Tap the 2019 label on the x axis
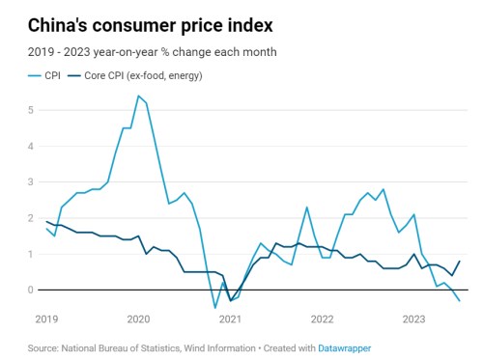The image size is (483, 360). [46, 318]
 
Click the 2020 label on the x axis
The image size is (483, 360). [138, 318]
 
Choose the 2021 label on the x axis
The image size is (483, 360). [230, 318]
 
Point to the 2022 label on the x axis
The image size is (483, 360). [322, 318]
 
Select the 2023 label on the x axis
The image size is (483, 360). [413, 318]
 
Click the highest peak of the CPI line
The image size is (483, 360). [138, 96]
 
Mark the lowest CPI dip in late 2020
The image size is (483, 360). [215, 308]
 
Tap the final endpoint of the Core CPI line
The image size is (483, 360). [459, 261]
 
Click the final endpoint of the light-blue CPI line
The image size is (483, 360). [459, 301]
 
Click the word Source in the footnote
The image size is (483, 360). [44, 346]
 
